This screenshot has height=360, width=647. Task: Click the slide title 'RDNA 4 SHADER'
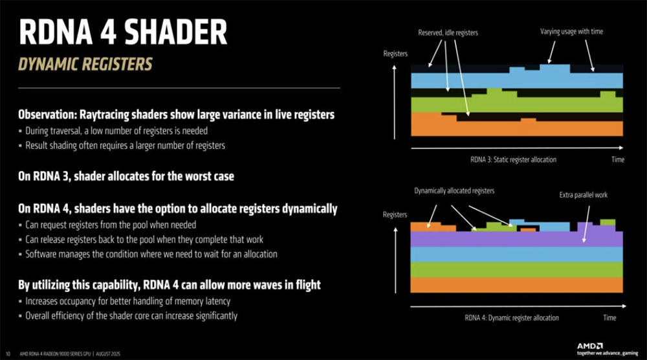(x=123, y=32)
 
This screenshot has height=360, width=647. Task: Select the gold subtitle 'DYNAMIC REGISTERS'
(x=85, y=64)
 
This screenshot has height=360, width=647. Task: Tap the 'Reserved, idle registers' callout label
(x=448, y=32)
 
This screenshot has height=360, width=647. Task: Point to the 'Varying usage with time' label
(x=571, y=31)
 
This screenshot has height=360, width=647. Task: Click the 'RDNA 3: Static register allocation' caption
(x=513, y=159)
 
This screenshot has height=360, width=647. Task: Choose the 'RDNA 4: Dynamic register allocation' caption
(x=512, y=317)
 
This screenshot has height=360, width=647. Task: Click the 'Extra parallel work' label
(x=584, y=195)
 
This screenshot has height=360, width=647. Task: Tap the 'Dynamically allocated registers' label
(x=454, y=191)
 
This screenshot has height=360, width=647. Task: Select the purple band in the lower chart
(x=516, y=239)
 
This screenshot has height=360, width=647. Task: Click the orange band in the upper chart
(x=516, y=128)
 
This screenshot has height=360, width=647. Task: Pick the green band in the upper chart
(x=516, y=105)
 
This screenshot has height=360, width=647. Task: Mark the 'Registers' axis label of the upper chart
(x=395, y=54)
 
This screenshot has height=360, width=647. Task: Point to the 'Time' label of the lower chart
(x=609, y=317)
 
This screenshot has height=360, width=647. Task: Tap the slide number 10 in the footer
(x=8, y=354)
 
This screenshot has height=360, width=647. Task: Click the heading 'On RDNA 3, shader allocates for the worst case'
(x=126, y=176)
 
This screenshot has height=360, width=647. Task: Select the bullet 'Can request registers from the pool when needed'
(x=111, y=225)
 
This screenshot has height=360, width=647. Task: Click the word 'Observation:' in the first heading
(x=47, y=115)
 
